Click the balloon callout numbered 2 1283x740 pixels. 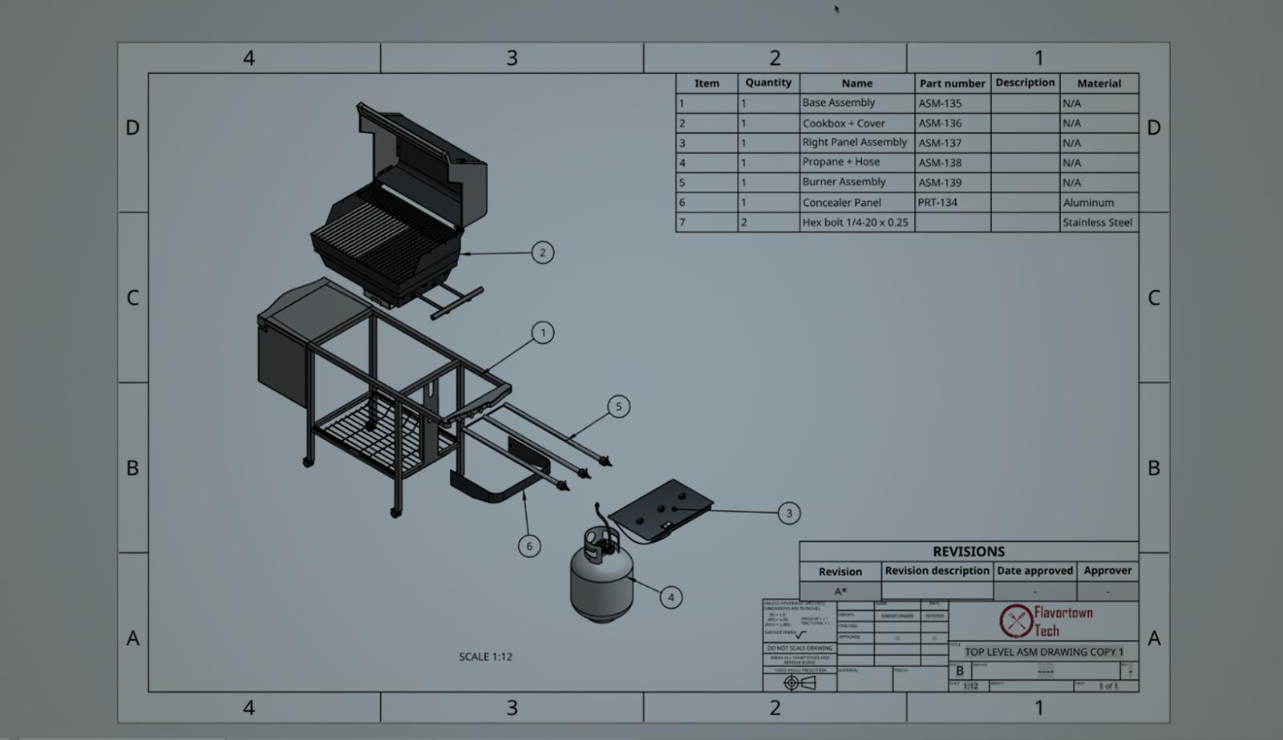(543, 253)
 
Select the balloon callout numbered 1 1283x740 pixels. (543, 333)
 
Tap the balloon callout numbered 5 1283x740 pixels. (618, 406)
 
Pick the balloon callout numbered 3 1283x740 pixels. (789, 513)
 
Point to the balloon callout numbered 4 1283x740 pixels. (671, 597)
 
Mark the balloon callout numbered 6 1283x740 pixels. (529, 546)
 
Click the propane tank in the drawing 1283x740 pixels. (601, 577)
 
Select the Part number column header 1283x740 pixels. (952, 83)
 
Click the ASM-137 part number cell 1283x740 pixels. (940, 143)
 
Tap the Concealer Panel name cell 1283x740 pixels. (842, 203)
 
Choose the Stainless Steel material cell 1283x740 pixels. (1097, 223)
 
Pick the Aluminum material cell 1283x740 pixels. (1088, 203)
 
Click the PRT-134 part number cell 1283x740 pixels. (937, 203)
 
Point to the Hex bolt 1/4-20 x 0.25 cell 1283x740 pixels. (855, 223)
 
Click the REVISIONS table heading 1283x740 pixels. (968, 552)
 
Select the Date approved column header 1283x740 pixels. (1034, 571)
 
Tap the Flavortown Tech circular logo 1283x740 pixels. (1015, 621)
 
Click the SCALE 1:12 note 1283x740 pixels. (485, 657)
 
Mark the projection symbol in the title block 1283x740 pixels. (799, 683)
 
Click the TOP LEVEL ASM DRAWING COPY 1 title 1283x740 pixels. (1043, 652)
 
